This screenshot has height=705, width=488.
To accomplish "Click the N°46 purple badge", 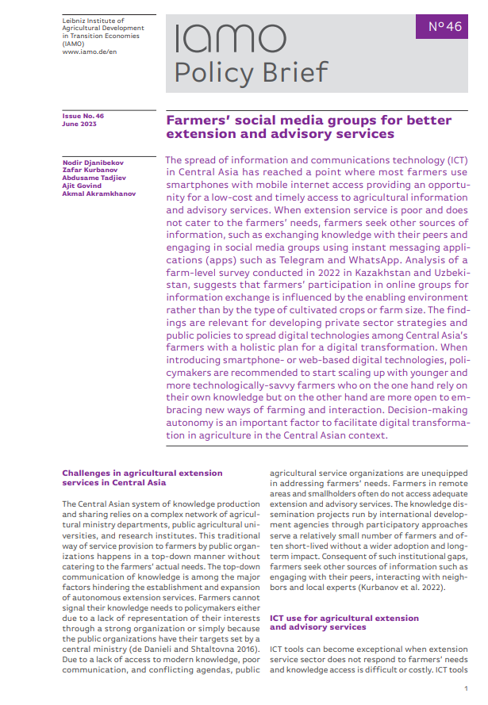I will coord(444,26).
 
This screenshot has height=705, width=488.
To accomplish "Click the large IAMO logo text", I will coord(229,39).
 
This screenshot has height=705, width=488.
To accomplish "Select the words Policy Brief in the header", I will coord(250,73).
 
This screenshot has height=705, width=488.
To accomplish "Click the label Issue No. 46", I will coord(83,116).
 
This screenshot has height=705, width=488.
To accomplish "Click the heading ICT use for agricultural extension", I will coord(344,618).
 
